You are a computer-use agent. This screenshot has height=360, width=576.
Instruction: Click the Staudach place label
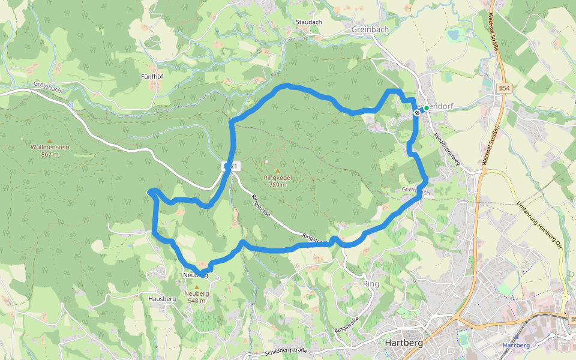pos(308,22)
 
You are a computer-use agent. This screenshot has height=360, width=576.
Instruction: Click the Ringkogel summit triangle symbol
pos(277,171)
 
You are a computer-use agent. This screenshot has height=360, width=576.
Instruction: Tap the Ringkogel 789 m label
pos(277,181)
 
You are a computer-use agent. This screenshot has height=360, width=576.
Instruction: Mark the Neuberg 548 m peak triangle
pos(196,287)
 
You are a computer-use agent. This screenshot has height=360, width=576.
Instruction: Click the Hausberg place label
pos(161,298)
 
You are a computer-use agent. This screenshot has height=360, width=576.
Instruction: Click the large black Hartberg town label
pos(403,343)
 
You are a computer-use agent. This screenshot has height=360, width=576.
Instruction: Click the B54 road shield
pos(505,88)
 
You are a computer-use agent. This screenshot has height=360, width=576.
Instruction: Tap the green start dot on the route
pos(425,108)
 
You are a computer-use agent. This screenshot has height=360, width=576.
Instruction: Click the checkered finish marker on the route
pos(417,112)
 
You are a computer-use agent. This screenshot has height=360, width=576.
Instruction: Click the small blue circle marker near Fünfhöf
pos(70,105)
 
